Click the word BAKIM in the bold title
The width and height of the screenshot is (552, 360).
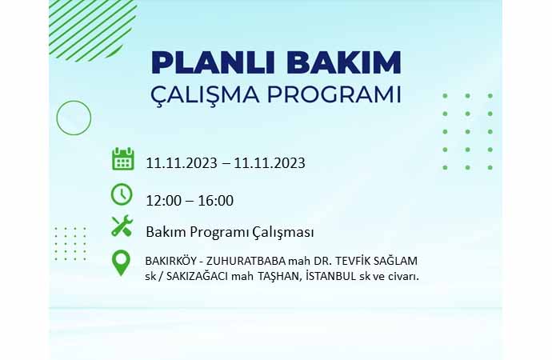343,62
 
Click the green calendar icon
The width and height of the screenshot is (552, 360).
123,159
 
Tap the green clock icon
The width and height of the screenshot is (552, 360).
122,194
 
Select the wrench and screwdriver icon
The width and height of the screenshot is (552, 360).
122,226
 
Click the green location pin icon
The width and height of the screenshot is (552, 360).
121,263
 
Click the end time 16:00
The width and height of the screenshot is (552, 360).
216,201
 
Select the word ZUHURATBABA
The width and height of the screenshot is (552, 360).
246,261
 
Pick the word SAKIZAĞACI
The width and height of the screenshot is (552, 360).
197,276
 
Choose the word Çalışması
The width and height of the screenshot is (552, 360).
282,233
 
